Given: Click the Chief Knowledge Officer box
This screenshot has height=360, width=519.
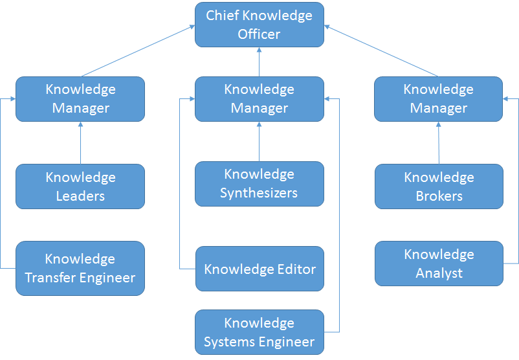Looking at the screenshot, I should pos(259,25).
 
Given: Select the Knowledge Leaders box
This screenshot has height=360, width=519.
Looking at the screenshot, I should pos(80,186).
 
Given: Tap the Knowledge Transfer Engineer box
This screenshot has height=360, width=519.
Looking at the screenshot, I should pos(80,268).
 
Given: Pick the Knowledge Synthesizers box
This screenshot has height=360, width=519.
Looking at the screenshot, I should pos(259,184).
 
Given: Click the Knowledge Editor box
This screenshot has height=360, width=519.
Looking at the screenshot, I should pos(259,269).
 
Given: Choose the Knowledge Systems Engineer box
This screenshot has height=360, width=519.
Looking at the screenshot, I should pos(259,332).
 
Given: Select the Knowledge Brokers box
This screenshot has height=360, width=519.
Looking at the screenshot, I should pos(439,186).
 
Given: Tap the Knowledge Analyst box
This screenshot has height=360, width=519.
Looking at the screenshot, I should pos(439,264).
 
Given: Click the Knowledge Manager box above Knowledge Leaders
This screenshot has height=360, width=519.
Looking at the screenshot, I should pos(80,99).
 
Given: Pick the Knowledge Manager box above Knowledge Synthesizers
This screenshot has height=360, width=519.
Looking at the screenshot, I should pos(259,99).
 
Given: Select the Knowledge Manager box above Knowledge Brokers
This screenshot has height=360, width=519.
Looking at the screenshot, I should pos(438,99).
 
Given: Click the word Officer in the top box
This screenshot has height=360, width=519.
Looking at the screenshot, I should pos(259,34).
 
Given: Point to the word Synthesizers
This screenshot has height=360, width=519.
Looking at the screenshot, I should pos(259,193).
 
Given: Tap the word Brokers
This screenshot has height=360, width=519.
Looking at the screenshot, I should pos(439,196).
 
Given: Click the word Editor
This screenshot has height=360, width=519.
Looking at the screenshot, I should pos(296,269).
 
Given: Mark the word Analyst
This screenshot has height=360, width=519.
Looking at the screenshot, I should pos(439,273).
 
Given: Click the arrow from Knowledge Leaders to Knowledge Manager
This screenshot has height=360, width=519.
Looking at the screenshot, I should pos(80,142).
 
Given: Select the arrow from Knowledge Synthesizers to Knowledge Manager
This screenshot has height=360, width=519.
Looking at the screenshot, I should pos(259,141).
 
